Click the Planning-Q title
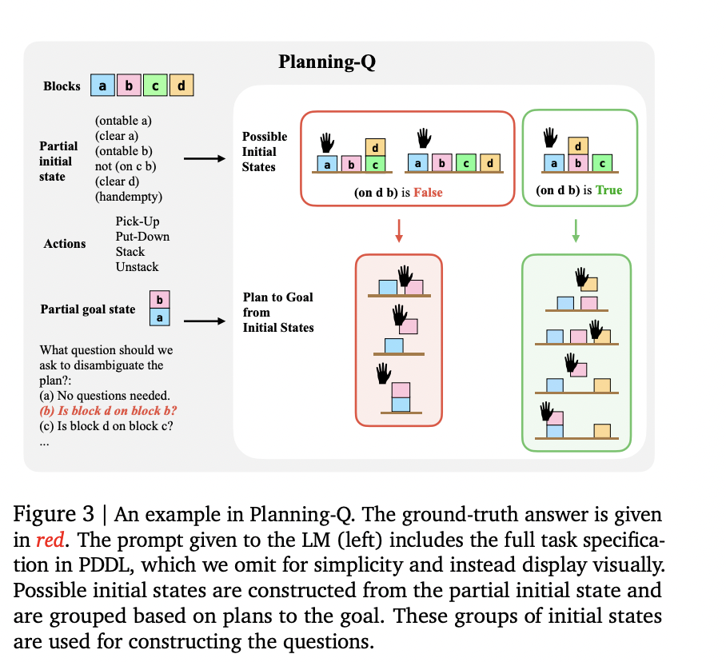click(x=327, y=62)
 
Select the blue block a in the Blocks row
click(x=102, y=86)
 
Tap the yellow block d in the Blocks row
click(x=181, y=86)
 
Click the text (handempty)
click(x=129, y=197)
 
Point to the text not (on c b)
click(x=126, y=166)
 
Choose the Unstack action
click(x=137, y=267)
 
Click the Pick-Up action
click(x=138, y=221)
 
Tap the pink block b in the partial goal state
click(x=160, y=300)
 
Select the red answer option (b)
click(x=109, y=411)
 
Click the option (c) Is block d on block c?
click(x=106, y=426)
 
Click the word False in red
click(x=428, y=193)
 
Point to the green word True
click(x=608, y=190)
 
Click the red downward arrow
click(x=399, y=230)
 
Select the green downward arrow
click(x=576, y=230)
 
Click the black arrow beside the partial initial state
click(x=204, y=159)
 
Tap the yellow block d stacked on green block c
click(x=375, y=148)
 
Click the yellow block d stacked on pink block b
click(x=578, y=146)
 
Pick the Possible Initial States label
click(x=265, y=152)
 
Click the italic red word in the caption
click(x=50, y=540)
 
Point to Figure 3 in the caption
click(x=54, y=514)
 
